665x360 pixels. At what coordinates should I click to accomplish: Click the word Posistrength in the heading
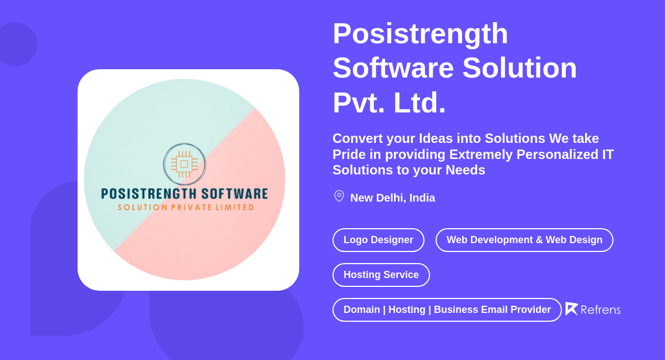tap(420, 33)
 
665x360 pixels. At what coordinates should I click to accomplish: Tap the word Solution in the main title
tap(519, 68)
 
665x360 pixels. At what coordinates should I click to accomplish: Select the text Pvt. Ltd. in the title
tap(389, 102)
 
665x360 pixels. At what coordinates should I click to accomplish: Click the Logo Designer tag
tap(378, 240)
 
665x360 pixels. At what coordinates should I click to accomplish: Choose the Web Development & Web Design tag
tap(524, 240)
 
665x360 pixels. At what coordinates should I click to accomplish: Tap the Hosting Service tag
tap(381, 275)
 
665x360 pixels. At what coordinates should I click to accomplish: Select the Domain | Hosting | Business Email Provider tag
tap(447, 310)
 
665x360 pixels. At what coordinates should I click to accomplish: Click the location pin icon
tap(339, 197)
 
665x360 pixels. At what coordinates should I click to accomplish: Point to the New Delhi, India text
tap(392, 198)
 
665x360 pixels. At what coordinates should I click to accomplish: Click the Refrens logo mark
tap(571, 308)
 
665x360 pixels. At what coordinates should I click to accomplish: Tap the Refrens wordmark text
tap(600, 310)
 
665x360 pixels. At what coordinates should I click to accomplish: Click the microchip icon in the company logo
tap(185, 164)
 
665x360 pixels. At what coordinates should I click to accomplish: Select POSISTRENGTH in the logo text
tap(149, 194)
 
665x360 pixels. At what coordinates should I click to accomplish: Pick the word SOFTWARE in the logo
tap(235, 194)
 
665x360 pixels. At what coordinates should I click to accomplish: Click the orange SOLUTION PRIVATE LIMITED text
tap(186, 207)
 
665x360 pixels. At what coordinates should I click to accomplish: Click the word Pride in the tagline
tap(349, 155)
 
